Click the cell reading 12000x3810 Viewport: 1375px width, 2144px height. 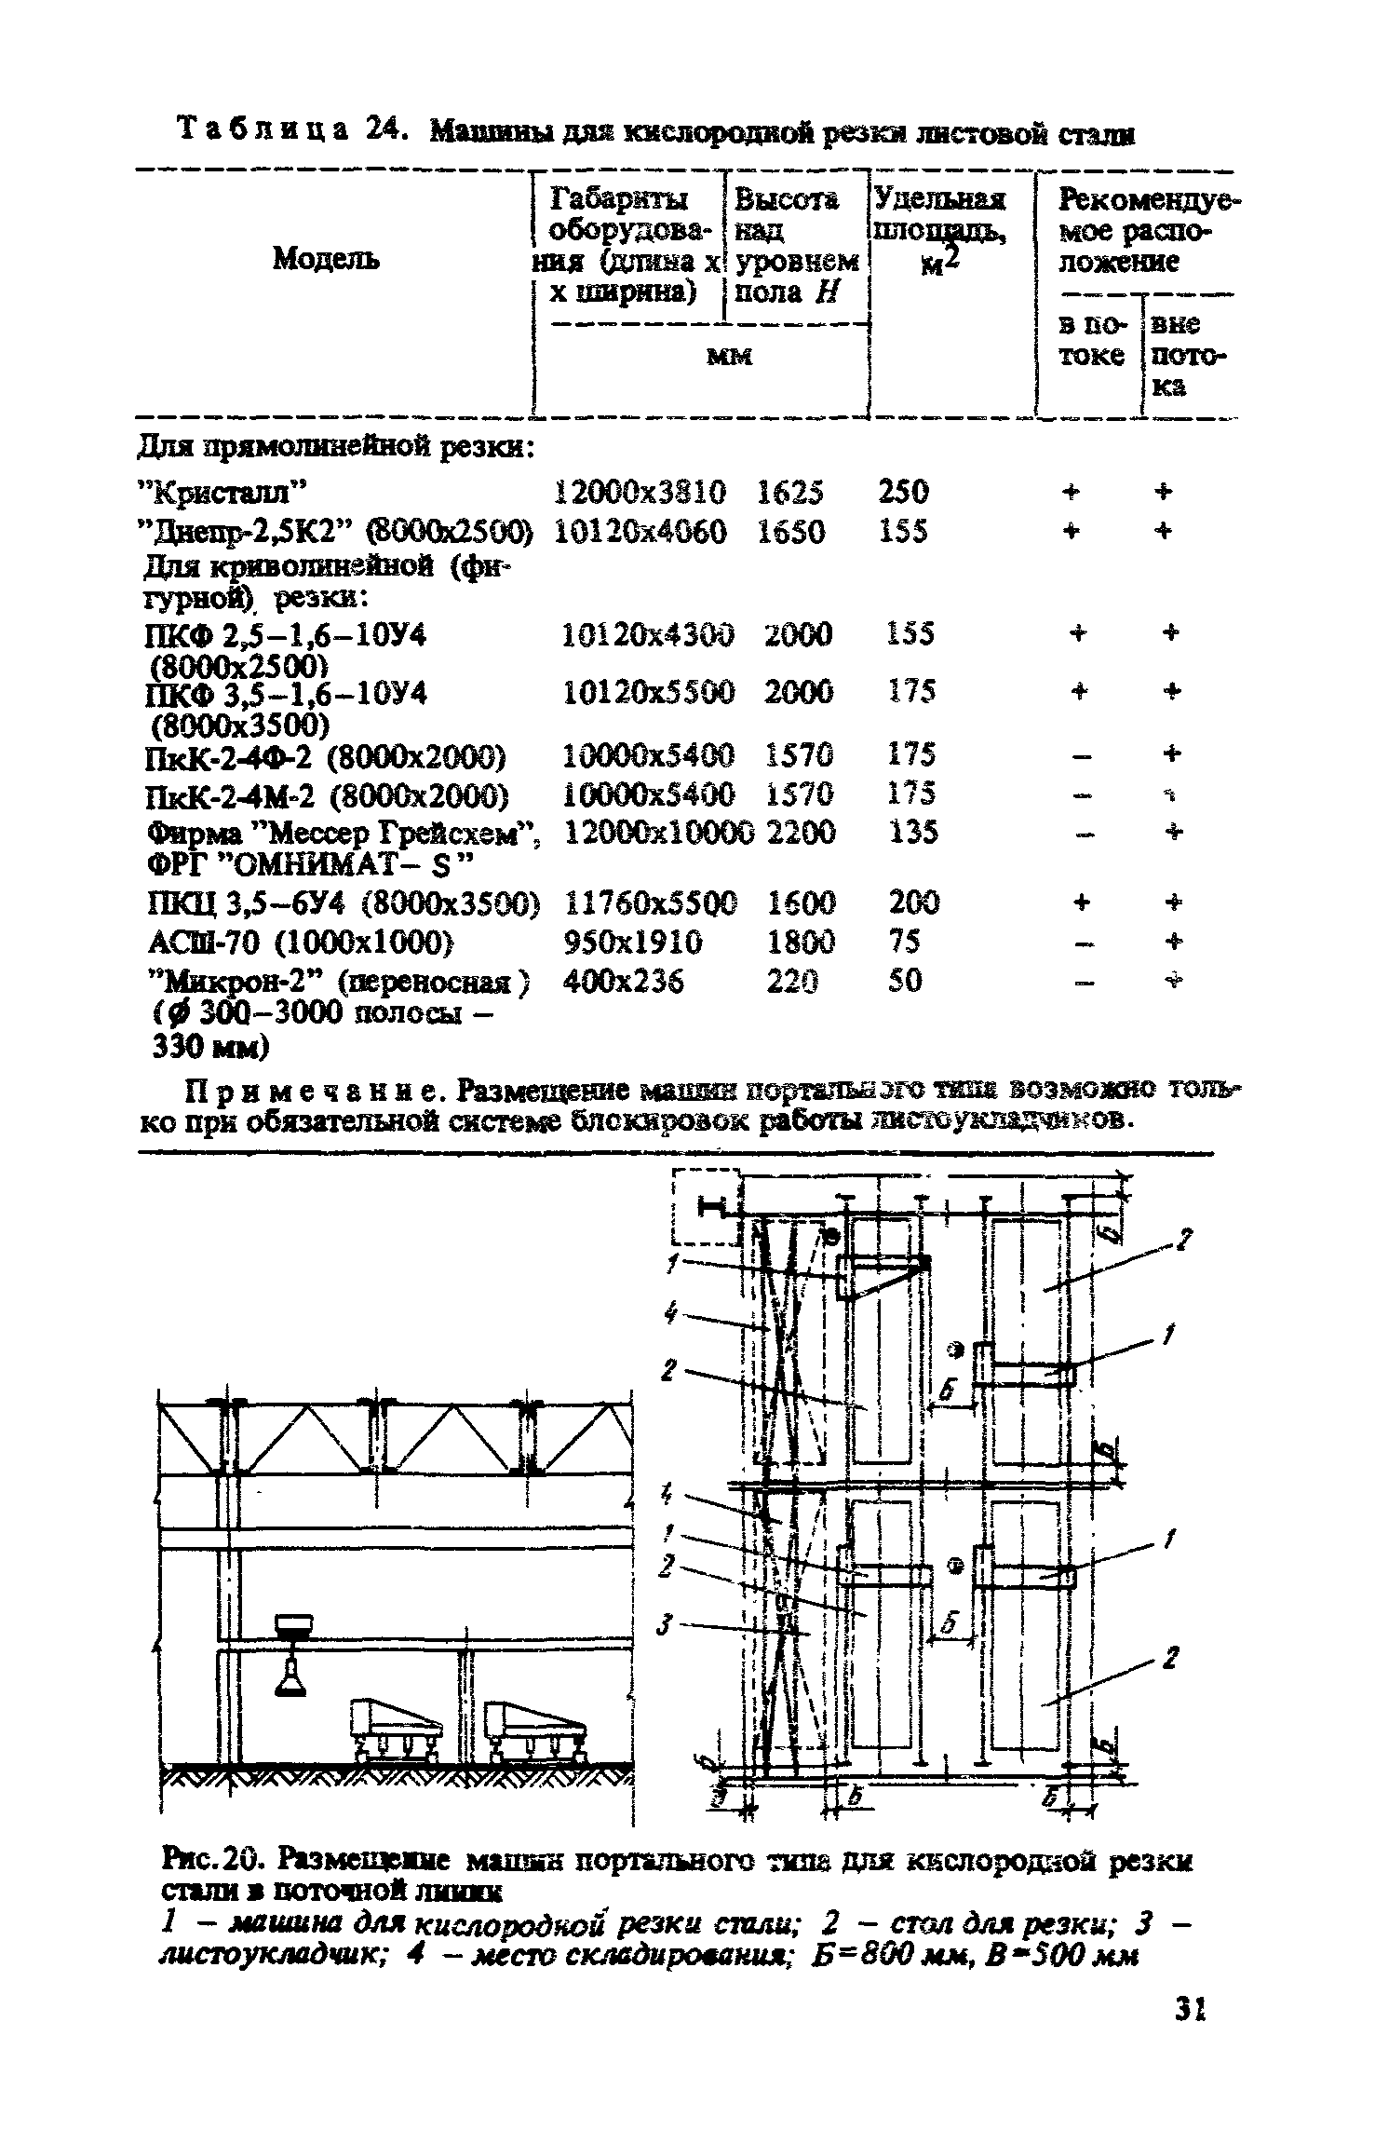(640, 491)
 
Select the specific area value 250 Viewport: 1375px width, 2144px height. (903, 491)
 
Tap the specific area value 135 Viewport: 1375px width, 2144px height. (912, 832)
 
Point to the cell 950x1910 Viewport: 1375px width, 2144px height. (633, 943)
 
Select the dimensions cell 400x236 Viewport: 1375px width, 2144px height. (624, 981)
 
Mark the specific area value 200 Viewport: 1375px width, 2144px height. (914, 902)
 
